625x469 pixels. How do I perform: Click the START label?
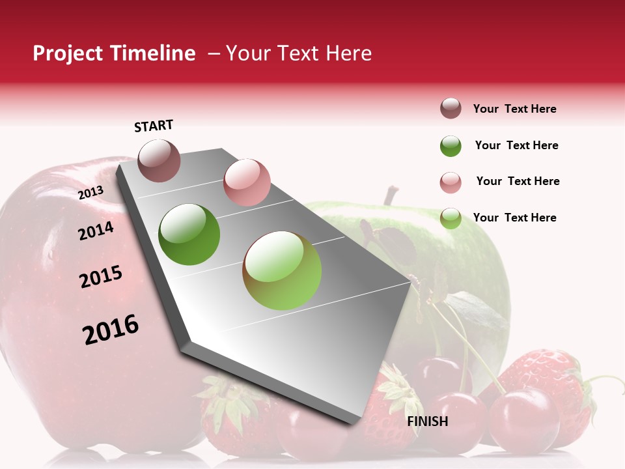(154, 126)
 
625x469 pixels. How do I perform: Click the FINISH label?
(428, 421)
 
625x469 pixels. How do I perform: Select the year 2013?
(90, 193)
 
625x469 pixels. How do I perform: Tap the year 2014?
(96, 231)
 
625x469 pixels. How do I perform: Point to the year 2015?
(101, 277)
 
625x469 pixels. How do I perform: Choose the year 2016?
(111, 330)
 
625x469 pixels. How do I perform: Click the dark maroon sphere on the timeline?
(159, 161)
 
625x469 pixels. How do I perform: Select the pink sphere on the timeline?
(247, 182)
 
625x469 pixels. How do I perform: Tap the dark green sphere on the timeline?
(189, 234)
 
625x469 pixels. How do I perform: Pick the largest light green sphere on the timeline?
(282, 270)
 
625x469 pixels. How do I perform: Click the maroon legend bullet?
(451, 109)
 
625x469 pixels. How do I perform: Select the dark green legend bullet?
(451, 146)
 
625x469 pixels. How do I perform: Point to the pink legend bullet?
(451, 182)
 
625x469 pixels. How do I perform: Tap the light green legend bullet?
(451, 219)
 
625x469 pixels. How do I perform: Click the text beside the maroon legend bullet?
(514, 109)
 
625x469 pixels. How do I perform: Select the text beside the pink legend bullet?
(518, 181)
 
